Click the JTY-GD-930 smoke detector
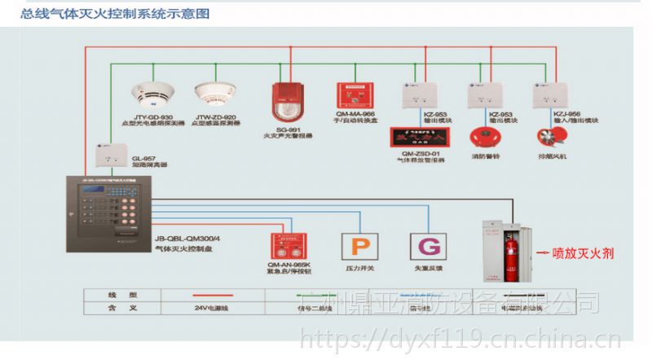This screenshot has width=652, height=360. coord(154,94)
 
